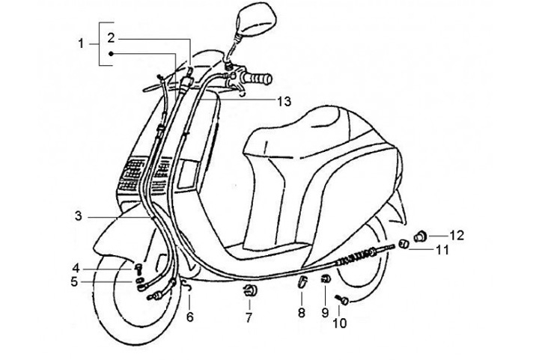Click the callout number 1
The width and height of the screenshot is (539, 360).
click(x=82, y=44)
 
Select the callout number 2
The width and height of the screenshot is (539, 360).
click(x=109, y=37)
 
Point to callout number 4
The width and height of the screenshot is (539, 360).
click(x=76, y=268)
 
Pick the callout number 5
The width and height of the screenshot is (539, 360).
click(x=75, y=282)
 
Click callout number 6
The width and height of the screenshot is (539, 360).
click(x=189, y=316)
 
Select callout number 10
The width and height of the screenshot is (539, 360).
click(x=341, y=323)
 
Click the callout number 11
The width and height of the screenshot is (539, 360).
click(x=442, y=249)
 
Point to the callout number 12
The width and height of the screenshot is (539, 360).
click(x=457, y=235)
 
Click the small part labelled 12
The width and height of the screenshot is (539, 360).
click(x=421, y=235)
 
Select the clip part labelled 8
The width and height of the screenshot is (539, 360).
click(x=302, y=282)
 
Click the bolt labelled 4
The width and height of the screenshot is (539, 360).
click(x=139, y=268)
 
